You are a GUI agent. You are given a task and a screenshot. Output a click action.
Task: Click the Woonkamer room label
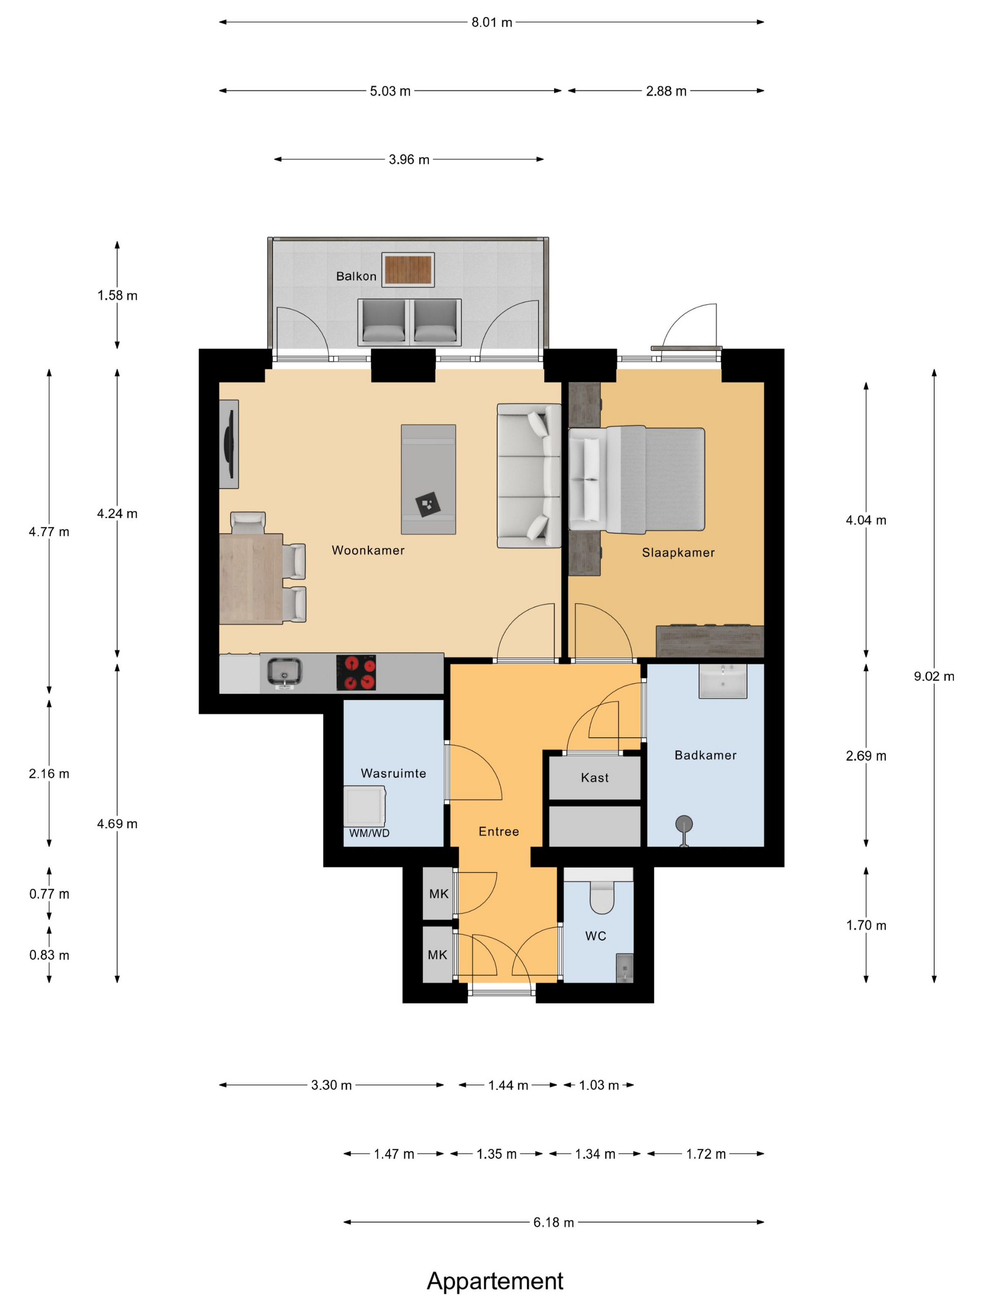368,550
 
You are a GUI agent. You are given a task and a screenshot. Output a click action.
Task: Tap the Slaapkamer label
678,552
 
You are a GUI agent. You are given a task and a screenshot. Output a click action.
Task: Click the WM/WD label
369,833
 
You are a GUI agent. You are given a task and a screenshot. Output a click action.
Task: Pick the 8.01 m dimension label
492,22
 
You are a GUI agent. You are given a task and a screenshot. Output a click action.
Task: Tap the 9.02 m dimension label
934,676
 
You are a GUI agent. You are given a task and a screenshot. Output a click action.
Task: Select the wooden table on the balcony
408,270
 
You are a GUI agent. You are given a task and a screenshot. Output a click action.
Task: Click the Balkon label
356,276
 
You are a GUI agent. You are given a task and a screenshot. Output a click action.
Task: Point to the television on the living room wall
229,444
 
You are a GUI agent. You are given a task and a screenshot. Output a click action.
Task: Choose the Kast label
595,778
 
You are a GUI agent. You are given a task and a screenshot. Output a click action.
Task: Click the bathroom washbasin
723,681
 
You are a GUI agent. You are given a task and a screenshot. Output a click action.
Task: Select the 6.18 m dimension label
553,1222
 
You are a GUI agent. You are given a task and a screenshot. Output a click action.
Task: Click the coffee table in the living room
428,479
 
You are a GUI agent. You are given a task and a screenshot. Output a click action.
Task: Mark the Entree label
499,832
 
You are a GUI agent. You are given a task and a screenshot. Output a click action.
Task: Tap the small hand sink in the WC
624,968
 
